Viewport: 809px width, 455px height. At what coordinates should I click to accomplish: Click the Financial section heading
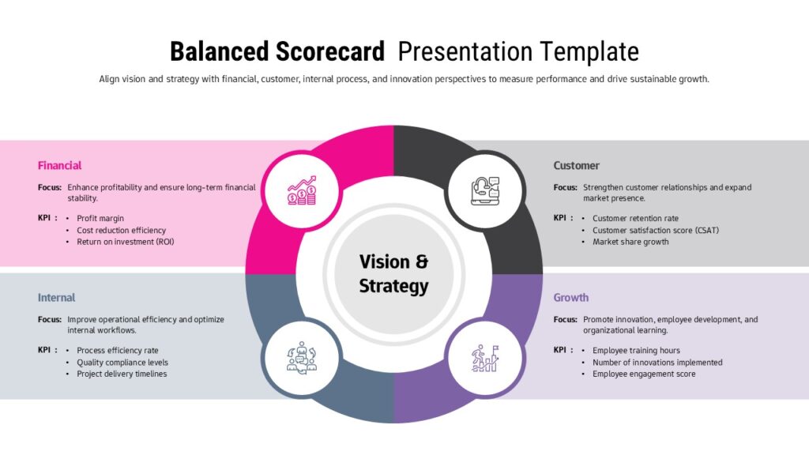click(x=59, y=166)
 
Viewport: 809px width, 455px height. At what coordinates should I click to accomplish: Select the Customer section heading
click(x=576, y=166)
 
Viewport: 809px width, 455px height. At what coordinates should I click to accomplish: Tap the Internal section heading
click(x=56, y=298)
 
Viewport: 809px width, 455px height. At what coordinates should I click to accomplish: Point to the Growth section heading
click(x=570, y=298)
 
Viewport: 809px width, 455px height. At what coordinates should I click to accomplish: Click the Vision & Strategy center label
click(x=393, y=274)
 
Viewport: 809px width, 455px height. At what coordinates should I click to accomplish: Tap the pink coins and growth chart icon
click(x=302, y=190)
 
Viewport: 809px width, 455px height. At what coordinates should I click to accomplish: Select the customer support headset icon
click(x=485, y=191)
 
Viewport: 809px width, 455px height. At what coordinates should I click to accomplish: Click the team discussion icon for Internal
click(x=302, y=358)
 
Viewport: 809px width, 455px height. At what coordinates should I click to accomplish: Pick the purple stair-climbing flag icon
click(x=485, y=358)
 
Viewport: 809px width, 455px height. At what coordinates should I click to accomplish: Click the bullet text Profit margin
click(x=100, y=218)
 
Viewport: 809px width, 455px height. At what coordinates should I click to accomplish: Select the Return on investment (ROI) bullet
click(x=126, y=242)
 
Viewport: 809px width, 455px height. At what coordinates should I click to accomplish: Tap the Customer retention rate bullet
click(x=635, y=218)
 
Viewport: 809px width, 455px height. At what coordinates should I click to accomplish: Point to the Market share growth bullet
click(x=630, y=242)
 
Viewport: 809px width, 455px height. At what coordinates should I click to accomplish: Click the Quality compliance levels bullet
click(x=122, y=363)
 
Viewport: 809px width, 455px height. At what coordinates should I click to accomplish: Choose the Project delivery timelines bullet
click(x=122, y=374)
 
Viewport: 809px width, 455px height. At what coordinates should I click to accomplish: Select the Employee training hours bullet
click(x=636, y=350)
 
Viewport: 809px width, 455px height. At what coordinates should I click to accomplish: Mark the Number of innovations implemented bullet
click(x=657, y=363)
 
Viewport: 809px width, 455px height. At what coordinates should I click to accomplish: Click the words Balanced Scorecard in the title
click(x=277, y=51)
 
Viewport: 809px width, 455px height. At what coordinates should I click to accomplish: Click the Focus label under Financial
click(x=50, y=187)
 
